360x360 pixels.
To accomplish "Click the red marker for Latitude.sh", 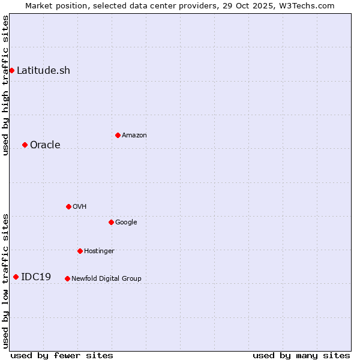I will tap(11, 70).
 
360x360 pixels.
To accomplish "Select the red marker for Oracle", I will tap(25, 145).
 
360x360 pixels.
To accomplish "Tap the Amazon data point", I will tap(118, 135).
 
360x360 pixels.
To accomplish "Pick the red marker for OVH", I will tap(68, 206).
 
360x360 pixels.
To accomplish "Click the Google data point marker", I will tap(111, 222).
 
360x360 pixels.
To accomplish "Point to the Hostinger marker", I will tap(80, 251).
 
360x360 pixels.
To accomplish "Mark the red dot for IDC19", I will tap(16, 277).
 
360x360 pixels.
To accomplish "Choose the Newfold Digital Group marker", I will tap(67, 278).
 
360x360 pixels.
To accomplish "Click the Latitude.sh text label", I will tap(43, 70).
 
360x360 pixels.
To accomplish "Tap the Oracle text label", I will tap(45, 145).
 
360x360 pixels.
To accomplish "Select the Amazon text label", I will tap(134, 135).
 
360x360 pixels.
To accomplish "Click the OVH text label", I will tap(80, 206).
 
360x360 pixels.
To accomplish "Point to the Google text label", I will tap(126, 222).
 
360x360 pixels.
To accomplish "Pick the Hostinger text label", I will tap(99, 251).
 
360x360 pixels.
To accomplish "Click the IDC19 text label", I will tap(36, 277).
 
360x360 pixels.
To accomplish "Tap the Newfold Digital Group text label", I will tap(106, 278).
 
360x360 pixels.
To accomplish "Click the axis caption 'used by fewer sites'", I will tap(62, 355).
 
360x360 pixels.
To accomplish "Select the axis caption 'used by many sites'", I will tap(301, 355).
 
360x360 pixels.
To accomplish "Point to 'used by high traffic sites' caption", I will tap(5, 85).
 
